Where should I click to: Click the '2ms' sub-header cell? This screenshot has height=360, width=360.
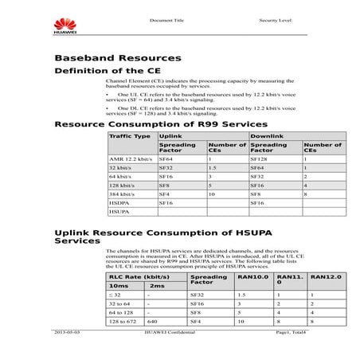(x=157, y=285)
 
